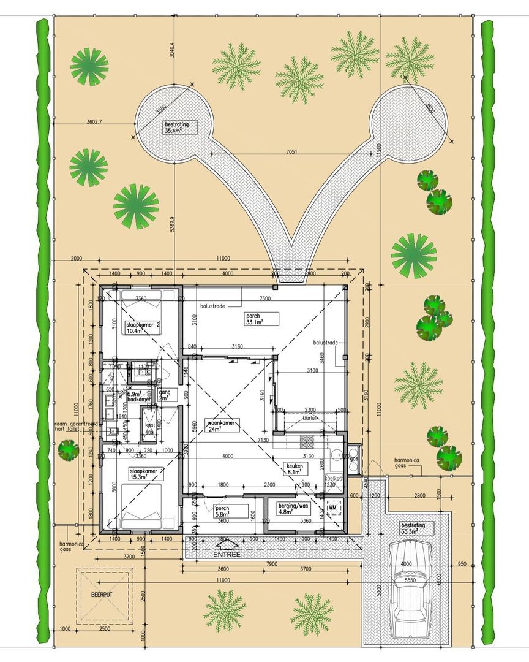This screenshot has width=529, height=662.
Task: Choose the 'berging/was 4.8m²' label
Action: pos(294,508)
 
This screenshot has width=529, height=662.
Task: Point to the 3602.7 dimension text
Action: pos(94,122)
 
